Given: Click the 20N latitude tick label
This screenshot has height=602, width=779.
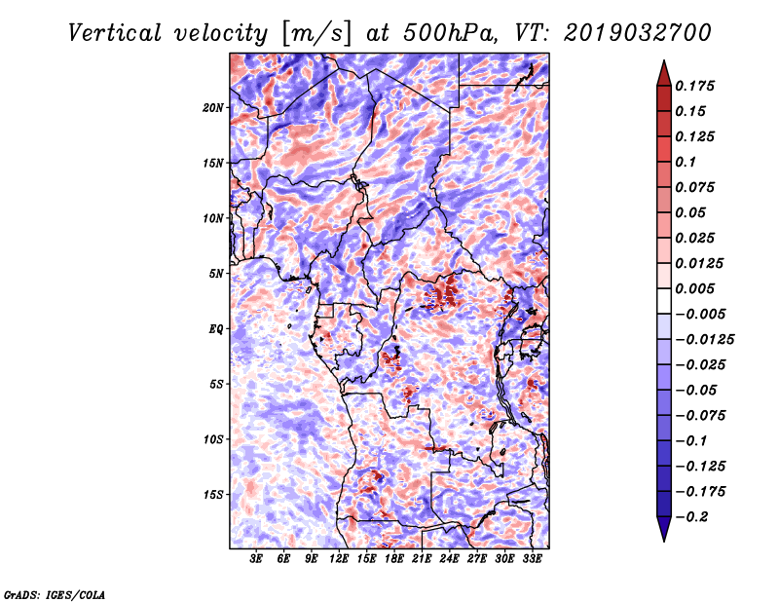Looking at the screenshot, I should click(x=214, y=107).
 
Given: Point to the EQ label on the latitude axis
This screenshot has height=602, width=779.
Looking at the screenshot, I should click(x=215, y=328).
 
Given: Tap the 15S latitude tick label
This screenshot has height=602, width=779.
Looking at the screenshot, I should click(x=214, y=494).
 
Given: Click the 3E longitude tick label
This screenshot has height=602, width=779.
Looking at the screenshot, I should click(x=256, y=560).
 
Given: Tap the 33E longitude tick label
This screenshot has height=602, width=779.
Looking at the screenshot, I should click(x=533, y=560).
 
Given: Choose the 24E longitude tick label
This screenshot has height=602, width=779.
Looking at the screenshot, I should click(x=450, y=560).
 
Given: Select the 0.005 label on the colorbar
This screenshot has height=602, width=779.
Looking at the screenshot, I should click(x=696, y=288).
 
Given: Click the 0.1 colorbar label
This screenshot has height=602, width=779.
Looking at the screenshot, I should click(x=686, y=162).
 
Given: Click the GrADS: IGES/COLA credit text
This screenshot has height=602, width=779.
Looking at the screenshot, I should click(x=55, y=593).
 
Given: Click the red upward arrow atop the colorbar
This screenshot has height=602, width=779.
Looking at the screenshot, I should click(x=663, y=70).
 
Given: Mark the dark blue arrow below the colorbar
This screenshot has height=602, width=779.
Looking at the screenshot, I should click(x=663, y=529).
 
